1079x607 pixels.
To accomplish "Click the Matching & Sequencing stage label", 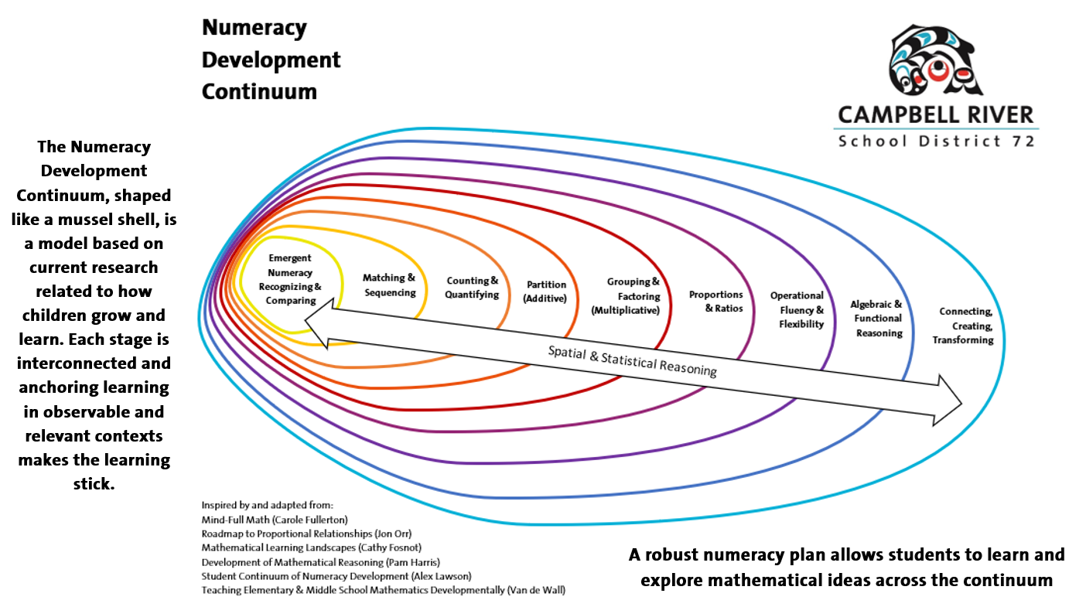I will coord(390,285).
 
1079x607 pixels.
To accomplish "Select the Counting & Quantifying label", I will coord(472,288).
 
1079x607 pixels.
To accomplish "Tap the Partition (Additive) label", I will coord(546,292).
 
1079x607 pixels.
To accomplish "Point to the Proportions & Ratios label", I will coord(716,302).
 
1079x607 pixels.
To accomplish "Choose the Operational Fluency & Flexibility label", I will coord(797,309).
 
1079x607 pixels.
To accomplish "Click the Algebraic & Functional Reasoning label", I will coord(877,319).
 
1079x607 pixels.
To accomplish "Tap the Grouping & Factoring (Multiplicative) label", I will coord(626,296).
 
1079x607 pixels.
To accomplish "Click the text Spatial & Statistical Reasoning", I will coord(633,361).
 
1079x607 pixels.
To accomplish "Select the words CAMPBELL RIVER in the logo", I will coord(936,115).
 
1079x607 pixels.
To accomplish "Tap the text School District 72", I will coord(936,141).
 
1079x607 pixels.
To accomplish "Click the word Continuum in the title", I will coord(259,91).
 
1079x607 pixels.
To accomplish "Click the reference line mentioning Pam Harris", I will coord(320,562).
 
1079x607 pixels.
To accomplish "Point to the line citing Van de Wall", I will coord(383,591).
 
